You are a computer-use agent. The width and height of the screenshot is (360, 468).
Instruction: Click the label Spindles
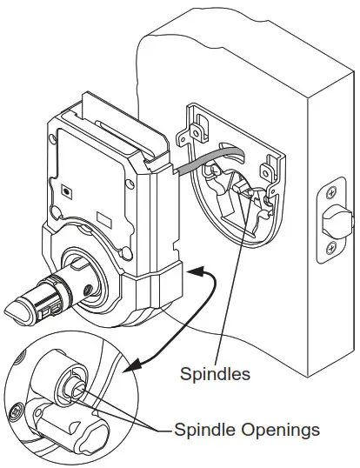215,374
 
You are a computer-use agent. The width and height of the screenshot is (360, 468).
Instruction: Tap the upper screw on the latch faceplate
330,193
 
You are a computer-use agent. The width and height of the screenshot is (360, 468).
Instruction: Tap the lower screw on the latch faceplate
331,247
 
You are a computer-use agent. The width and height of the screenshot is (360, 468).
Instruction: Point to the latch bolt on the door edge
338,221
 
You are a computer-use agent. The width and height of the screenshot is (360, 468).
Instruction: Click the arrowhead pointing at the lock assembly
195,271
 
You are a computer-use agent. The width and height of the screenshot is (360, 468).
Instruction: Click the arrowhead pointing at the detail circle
131,365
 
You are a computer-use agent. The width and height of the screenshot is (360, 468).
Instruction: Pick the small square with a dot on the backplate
66,191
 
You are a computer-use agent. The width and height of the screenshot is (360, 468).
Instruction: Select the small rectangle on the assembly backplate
104,219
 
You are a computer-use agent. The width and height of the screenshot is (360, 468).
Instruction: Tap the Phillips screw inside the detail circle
15,413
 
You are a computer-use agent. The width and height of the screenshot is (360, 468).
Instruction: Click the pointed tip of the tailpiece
6,311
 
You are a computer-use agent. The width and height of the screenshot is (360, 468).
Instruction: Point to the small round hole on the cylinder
88,289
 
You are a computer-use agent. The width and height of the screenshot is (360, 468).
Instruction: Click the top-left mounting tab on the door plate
196,130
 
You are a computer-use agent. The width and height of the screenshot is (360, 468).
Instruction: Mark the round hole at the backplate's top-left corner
52,138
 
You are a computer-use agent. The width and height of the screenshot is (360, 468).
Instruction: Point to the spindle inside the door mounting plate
243,189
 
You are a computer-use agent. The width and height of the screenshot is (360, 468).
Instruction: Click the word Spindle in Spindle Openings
205,430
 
